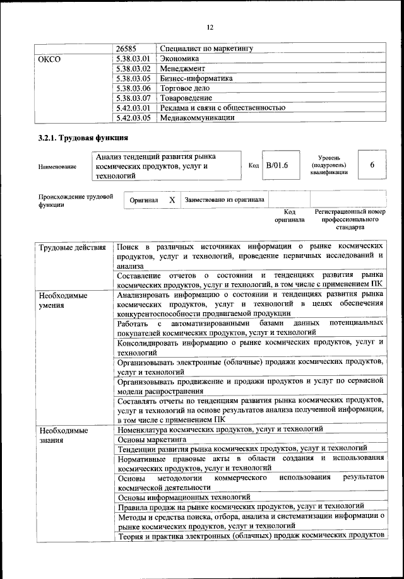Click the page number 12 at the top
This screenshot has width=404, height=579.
coord(210,26)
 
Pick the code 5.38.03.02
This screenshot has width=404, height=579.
coord(133,68)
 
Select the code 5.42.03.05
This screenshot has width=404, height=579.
coord(133,117)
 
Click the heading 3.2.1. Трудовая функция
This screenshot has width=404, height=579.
coord(83,138)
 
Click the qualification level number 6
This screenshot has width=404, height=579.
coord(372,165)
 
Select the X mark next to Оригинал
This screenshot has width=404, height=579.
coord(171,199)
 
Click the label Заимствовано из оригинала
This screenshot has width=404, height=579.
coord(224,200)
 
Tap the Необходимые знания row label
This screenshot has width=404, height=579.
coord(62,435)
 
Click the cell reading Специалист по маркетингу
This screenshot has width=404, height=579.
coord(206,48)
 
